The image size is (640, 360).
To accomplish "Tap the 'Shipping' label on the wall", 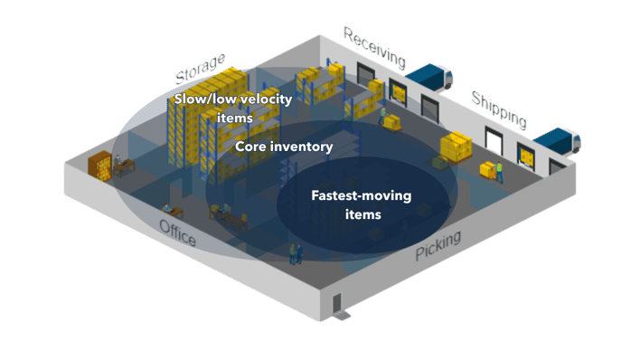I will coord(498,109).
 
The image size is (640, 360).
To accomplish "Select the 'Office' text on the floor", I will coord(177,232).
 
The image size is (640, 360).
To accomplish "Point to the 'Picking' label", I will coord(438,246).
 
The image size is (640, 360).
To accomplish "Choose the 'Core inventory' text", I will coord(284,146).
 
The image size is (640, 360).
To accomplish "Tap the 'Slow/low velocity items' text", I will coord(232,108).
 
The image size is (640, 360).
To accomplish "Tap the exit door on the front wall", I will coord(337,302).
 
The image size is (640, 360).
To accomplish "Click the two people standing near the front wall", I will coord(295,254).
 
